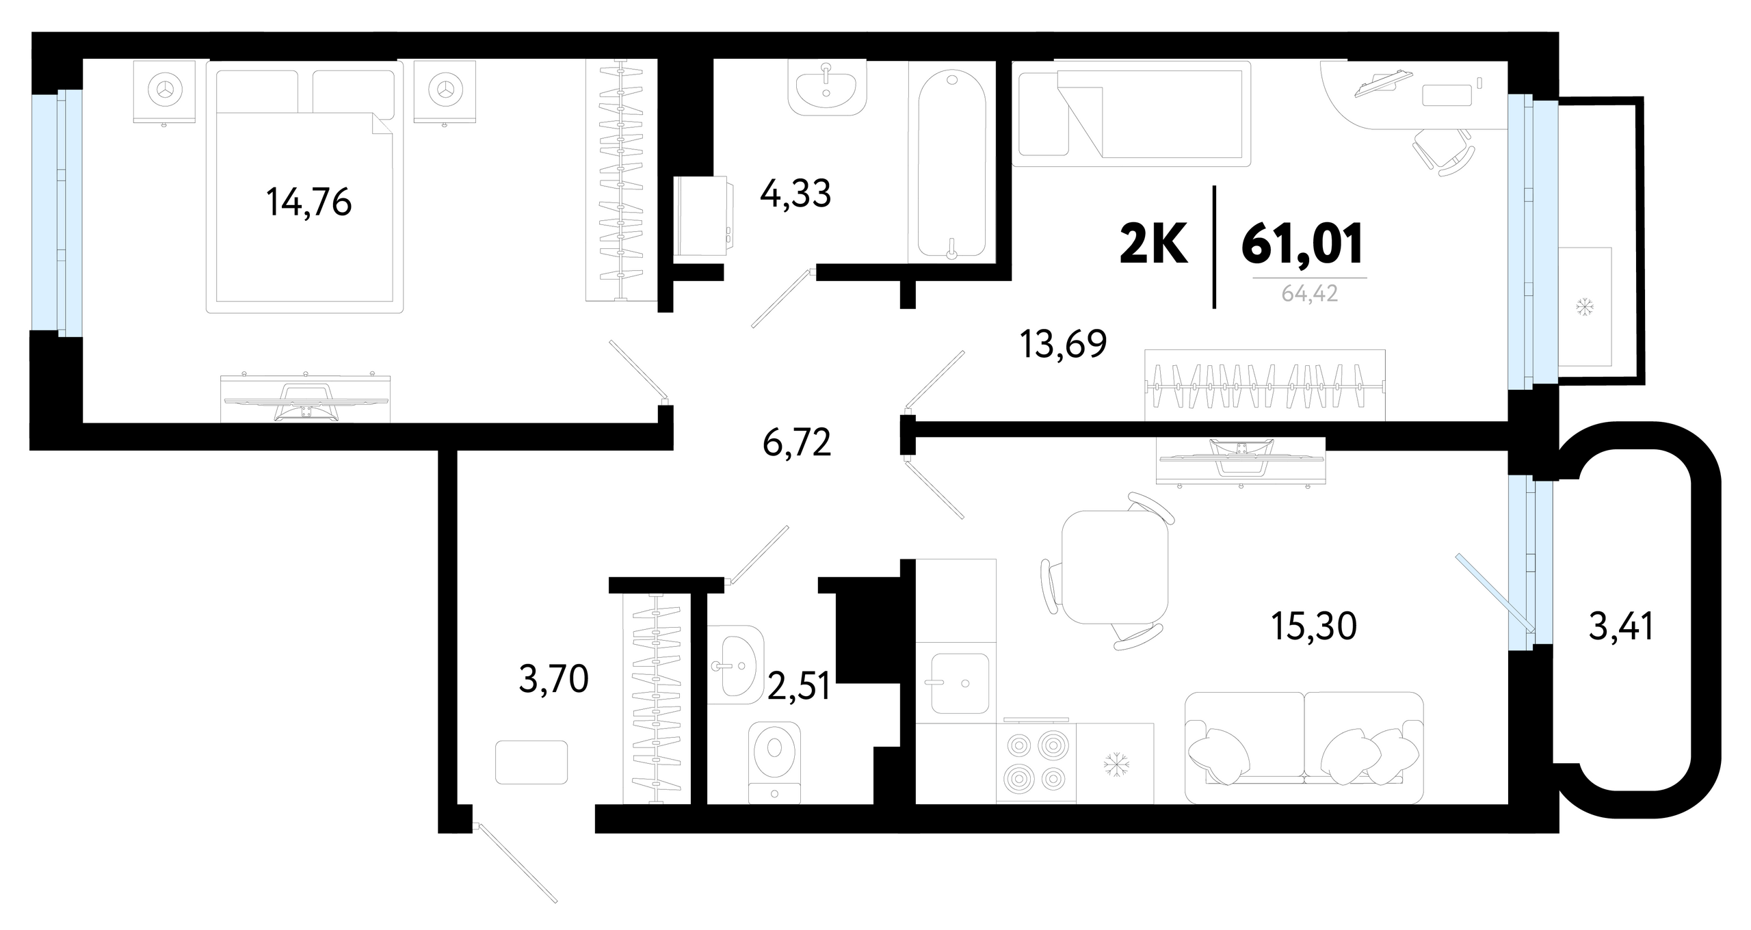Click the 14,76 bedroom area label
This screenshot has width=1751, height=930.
click(x=309, y=202)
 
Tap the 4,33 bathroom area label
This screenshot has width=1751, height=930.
click(x=795, y=194)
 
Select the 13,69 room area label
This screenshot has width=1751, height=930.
click(x=1063, y=344)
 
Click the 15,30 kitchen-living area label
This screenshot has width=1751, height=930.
click(x=1313, y=626)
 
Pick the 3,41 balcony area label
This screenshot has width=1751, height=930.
click(x=1621, y=626)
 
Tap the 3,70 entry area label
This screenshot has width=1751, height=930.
click(x=554, y=680)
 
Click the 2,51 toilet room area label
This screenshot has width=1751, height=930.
click(x=799, y=686)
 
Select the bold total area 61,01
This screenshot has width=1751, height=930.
click(x=1303, y=244)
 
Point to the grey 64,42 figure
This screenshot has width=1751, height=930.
click(x=1310, y=294)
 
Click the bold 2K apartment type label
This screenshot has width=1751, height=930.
click(x=1153, y=244)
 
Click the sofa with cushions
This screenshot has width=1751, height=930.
click(x=1304, y=747)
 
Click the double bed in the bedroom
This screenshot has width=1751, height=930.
click(x=304, y=187)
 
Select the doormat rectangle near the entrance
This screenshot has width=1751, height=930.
click(x=531, y=762)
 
